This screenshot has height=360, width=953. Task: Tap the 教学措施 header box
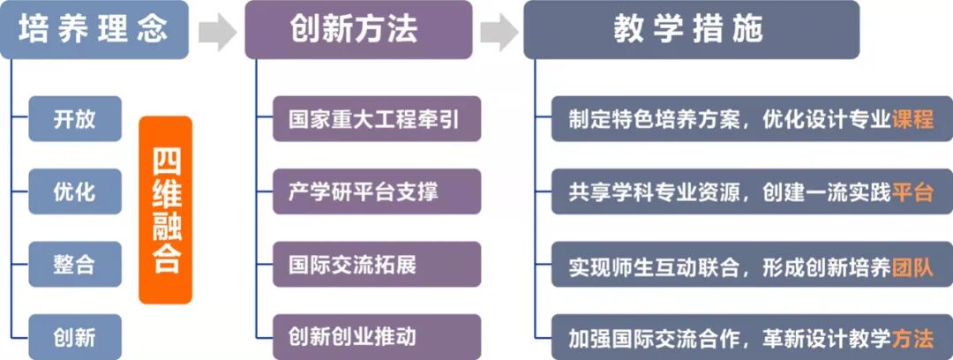pos(690,30)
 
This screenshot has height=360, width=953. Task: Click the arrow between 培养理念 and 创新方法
pos(217,32)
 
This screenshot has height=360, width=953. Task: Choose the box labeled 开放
pos(75,119)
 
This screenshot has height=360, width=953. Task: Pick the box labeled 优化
pos(75,191)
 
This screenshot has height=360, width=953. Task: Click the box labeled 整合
pos(75,264)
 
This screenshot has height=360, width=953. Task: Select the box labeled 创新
pos(75,336)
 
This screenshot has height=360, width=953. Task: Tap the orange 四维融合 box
pos(165,210)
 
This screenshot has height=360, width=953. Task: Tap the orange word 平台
pos(912,192)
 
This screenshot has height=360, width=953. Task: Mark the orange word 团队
pos(912,265)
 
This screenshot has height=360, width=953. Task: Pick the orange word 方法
pos(912,337)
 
